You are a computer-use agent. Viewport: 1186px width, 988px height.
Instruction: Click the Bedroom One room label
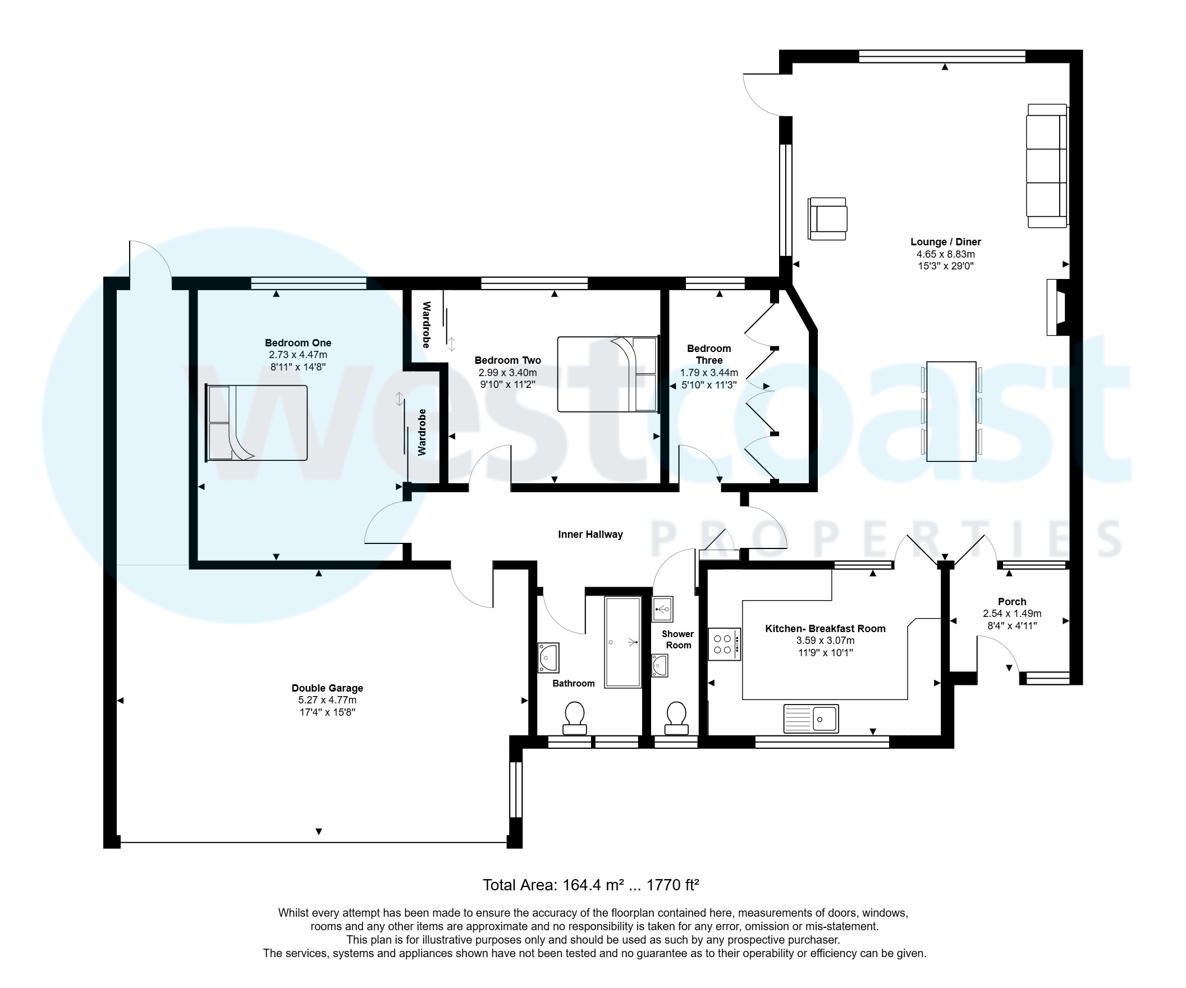tap(297, 343)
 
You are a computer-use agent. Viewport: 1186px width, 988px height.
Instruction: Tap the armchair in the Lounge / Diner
tap(827, 218)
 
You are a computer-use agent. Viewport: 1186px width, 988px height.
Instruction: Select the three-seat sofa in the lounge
tap(1047, 166)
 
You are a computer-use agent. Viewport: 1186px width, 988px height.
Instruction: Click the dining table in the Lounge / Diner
tap(951, 411)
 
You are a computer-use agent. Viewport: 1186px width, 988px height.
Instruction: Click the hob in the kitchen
tap(724, 644)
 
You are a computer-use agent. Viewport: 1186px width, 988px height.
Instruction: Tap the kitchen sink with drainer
tap(810, 719)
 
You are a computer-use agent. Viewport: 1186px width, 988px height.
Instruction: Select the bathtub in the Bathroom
tap(622, 642)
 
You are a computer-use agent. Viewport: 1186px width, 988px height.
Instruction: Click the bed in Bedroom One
tap(257, 423)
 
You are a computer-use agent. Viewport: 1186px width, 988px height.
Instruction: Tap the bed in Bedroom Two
tap(608, 374)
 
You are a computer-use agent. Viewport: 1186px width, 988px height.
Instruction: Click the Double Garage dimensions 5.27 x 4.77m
tap(327, 700)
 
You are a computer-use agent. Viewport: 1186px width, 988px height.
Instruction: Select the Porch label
tap(1011, 602)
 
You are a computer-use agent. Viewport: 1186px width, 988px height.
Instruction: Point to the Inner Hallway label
tap(590, 534)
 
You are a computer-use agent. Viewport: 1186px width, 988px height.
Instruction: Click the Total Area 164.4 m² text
tap(590, 885)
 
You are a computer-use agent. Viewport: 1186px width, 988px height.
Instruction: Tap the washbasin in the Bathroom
tap(548, 657)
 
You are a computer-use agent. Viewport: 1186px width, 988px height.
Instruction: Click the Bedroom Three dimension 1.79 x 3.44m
tap(709, 373)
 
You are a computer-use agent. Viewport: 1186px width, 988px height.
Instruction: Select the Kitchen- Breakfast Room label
tap(825, 629)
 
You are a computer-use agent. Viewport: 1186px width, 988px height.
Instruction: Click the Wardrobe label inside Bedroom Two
tap(426, 325)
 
